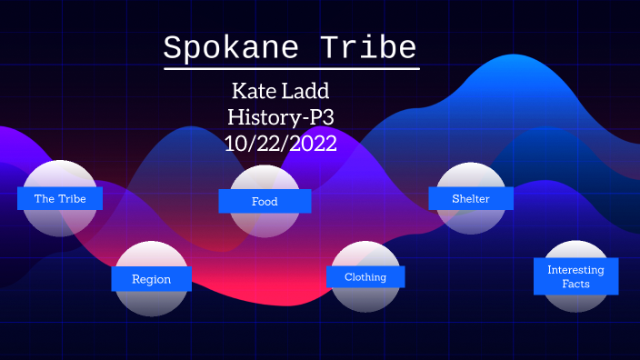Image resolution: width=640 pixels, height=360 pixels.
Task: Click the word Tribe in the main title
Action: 373,48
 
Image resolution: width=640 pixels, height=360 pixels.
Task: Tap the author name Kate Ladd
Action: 279,93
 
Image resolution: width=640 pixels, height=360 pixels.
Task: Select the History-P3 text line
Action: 280,117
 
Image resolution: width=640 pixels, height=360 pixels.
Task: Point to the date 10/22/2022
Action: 280,142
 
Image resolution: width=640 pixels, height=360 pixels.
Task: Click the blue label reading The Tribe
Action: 60,198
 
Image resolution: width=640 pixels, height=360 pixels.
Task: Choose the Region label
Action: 152,279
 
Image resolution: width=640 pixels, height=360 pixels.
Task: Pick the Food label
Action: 265,201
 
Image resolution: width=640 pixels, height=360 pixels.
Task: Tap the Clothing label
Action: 365,276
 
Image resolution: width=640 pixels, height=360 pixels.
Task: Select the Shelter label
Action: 471,198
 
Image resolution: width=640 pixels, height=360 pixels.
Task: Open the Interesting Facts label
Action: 575,276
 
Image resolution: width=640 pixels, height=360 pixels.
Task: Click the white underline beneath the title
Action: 291,69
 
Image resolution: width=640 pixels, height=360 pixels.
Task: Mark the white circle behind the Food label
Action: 265,180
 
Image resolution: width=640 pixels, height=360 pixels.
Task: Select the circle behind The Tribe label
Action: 60,175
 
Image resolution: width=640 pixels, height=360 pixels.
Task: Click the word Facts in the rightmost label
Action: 575,284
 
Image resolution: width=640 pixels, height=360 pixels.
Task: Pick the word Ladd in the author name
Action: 312,93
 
